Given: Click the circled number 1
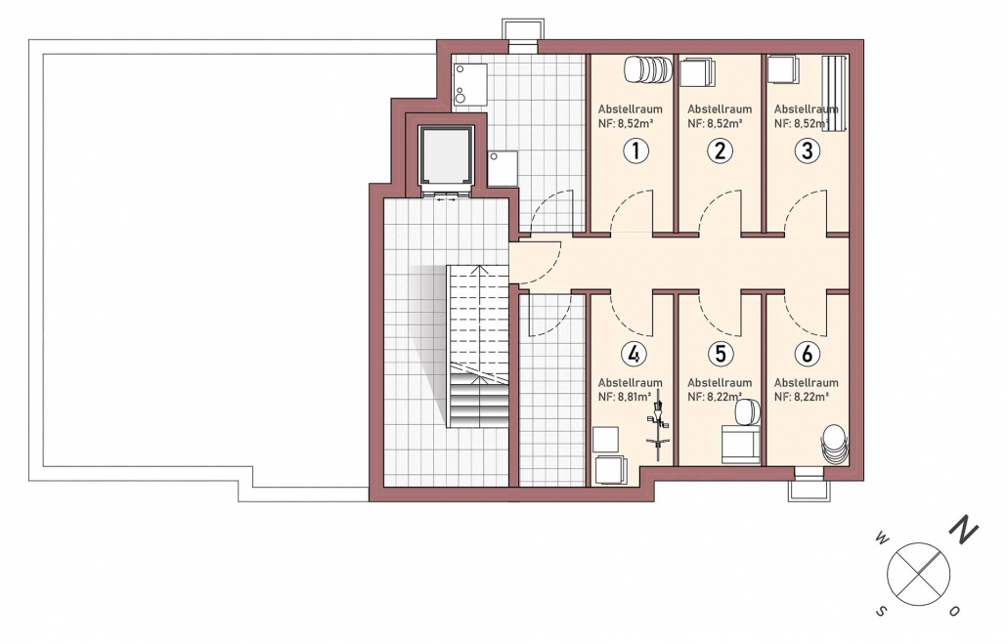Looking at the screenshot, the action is coord(635,150).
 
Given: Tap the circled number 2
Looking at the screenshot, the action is coord(720,150).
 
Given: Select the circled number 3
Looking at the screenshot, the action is coord(808,150).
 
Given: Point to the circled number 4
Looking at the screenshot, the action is coord(634,354).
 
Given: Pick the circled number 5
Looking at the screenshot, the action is coord(720,354).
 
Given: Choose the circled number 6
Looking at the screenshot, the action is coord(808,354).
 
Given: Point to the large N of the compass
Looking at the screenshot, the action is coord(964,530).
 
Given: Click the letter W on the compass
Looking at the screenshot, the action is coord(881,539).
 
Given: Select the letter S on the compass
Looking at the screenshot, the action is coord(883,611).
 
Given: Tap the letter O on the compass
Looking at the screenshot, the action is coord(955,611).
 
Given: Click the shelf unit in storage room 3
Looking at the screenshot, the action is coord(836,94).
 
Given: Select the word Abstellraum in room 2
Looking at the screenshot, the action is coord(720,109).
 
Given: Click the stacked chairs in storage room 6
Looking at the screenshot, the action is coord(834,443).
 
